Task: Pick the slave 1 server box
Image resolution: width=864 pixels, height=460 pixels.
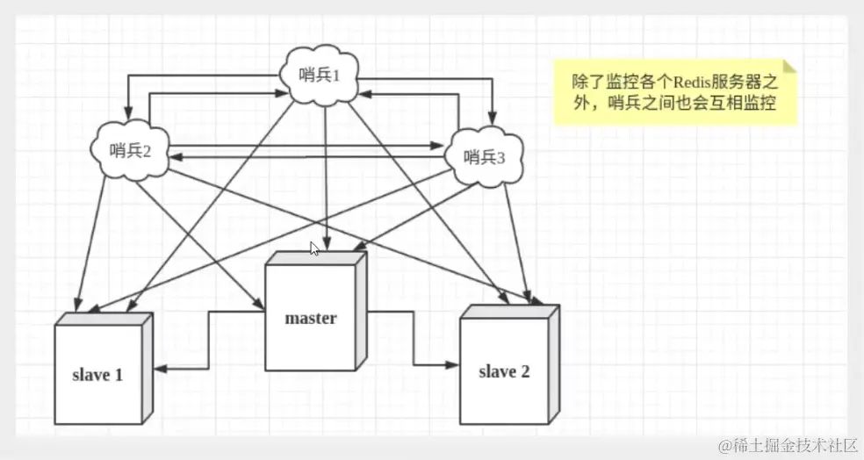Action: pos(98,374)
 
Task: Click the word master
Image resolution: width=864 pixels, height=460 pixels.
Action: pos(311,318)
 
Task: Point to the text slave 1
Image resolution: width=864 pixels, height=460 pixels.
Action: pos(97,375)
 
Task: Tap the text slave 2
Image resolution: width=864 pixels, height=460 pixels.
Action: pos(504,371)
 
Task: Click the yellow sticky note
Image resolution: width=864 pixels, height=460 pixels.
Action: pos(674,93)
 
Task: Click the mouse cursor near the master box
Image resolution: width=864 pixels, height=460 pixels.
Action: pos(314,248)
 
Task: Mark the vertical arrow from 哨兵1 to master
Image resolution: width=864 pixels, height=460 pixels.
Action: pos(327,176)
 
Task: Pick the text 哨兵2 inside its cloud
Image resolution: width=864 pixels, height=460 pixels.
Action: pos(132,150)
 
